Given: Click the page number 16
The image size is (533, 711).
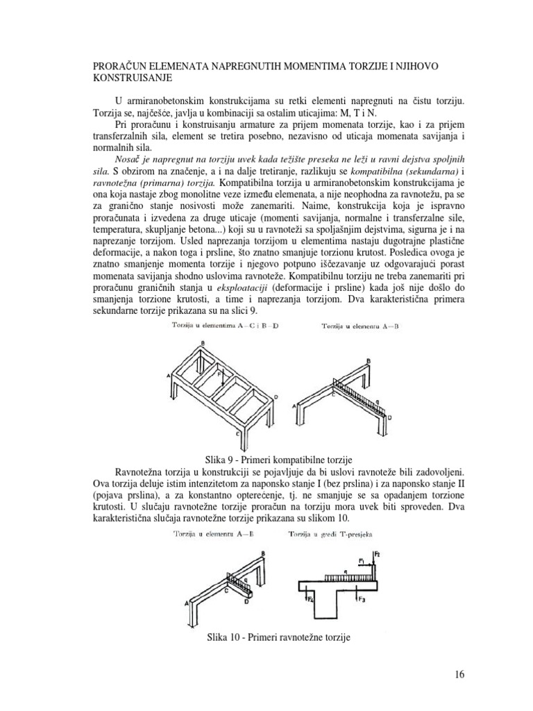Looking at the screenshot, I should pos(459,674).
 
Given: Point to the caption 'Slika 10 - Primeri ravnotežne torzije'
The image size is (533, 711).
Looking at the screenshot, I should pos(275,637).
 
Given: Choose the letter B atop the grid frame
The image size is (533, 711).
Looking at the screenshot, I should pos(203,344).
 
